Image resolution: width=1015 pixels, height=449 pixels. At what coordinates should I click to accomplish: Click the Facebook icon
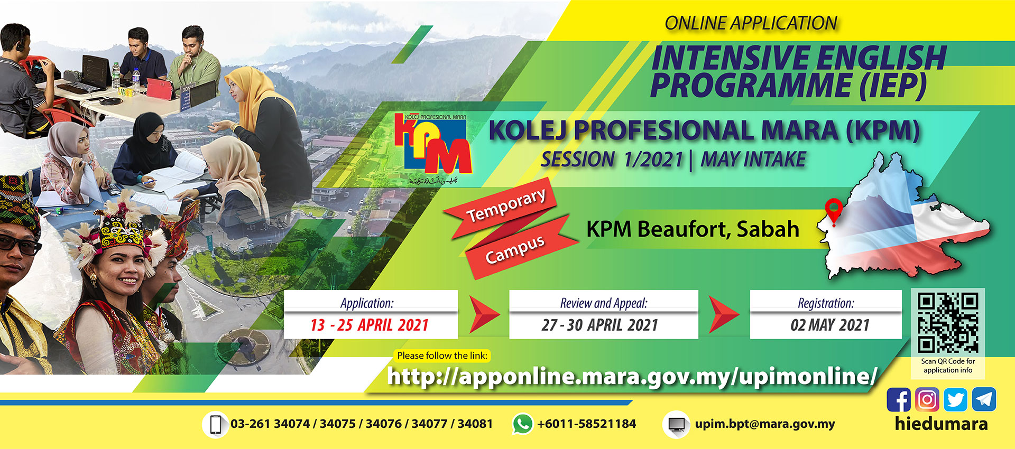point(898,399)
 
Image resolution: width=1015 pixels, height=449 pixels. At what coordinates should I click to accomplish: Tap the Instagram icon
point(927,399)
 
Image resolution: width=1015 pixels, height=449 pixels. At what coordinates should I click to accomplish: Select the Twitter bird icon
point(955,399)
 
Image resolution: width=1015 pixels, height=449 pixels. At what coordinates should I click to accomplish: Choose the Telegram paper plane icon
point(984,399)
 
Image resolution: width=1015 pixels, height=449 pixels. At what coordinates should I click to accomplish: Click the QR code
point(948,323)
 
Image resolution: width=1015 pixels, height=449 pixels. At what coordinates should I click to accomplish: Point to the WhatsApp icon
point(522,424)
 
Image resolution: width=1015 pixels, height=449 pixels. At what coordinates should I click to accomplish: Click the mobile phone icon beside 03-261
point(215,425)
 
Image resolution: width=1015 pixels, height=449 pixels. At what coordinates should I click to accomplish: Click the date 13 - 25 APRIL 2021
point(370,325)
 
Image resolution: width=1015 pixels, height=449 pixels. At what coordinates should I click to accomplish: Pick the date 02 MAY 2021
point(830,325)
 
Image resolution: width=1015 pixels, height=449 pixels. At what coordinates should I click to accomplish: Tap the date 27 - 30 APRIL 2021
point(599,325)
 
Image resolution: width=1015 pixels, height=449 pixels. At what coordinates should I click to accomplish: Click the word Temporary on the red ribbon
point(506,205)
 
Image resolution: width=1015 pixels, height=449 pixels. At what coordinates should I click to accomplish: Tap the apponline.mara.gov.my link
point(632,377)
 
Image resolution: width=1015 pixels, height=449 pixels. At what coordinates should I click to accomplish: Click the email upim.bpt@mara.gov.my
point(765,424)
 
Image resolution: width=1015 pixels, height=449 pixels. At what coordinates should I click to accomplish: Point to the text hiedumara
point(941,424)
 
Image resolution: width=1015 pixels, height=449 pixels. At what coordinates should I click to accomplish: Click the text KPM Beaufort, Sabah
point(693,229)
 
